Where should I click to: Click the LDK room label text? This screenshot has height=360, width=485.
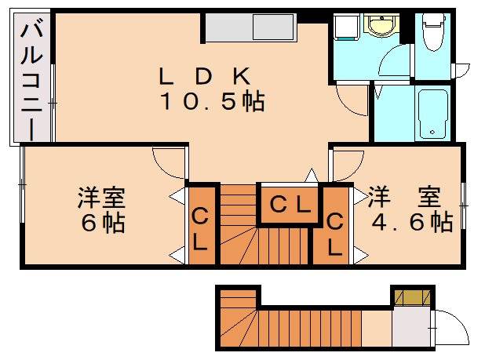tap(205, 76)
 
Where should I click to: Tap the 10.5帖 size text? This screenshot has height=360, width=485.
tap(212, 102)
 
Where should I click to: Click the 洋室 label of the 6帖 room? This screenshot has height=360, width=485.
tap(102, 196)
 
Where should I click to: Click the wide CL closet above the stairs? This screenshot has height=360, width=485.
tap(289, 205)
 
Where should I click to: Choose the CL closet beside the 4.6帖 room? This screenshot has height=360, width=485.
tap(335, 235)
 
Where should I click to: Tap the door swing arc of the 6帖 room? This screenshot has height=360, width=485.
tap(167, 162)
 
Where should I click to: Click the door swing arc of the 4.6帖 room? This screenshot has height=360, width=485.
tap(348, 165)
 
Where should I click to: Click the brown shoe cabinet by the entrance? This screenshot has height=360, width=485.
tap(412, 296)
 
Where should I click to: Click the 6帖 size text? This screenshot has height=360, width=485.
tap(102, 223)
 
